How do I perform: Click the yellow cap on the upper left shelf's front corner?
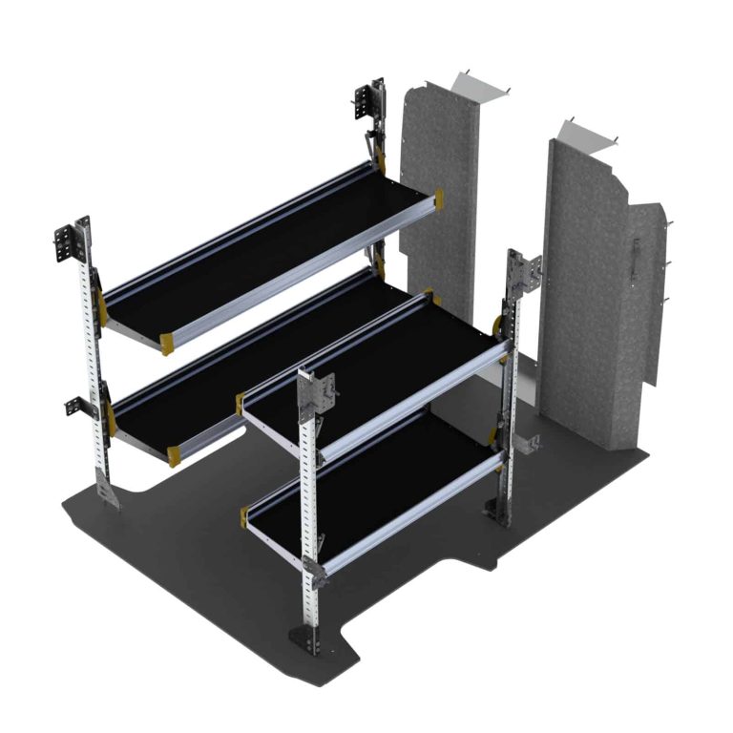coord(167,343)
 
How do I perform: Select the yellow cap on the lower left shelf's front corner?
coord(175,456)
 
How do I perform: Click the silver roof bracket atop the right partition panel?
coord(592,134)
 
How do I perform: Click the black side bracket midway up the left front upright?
coord(78,406)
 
